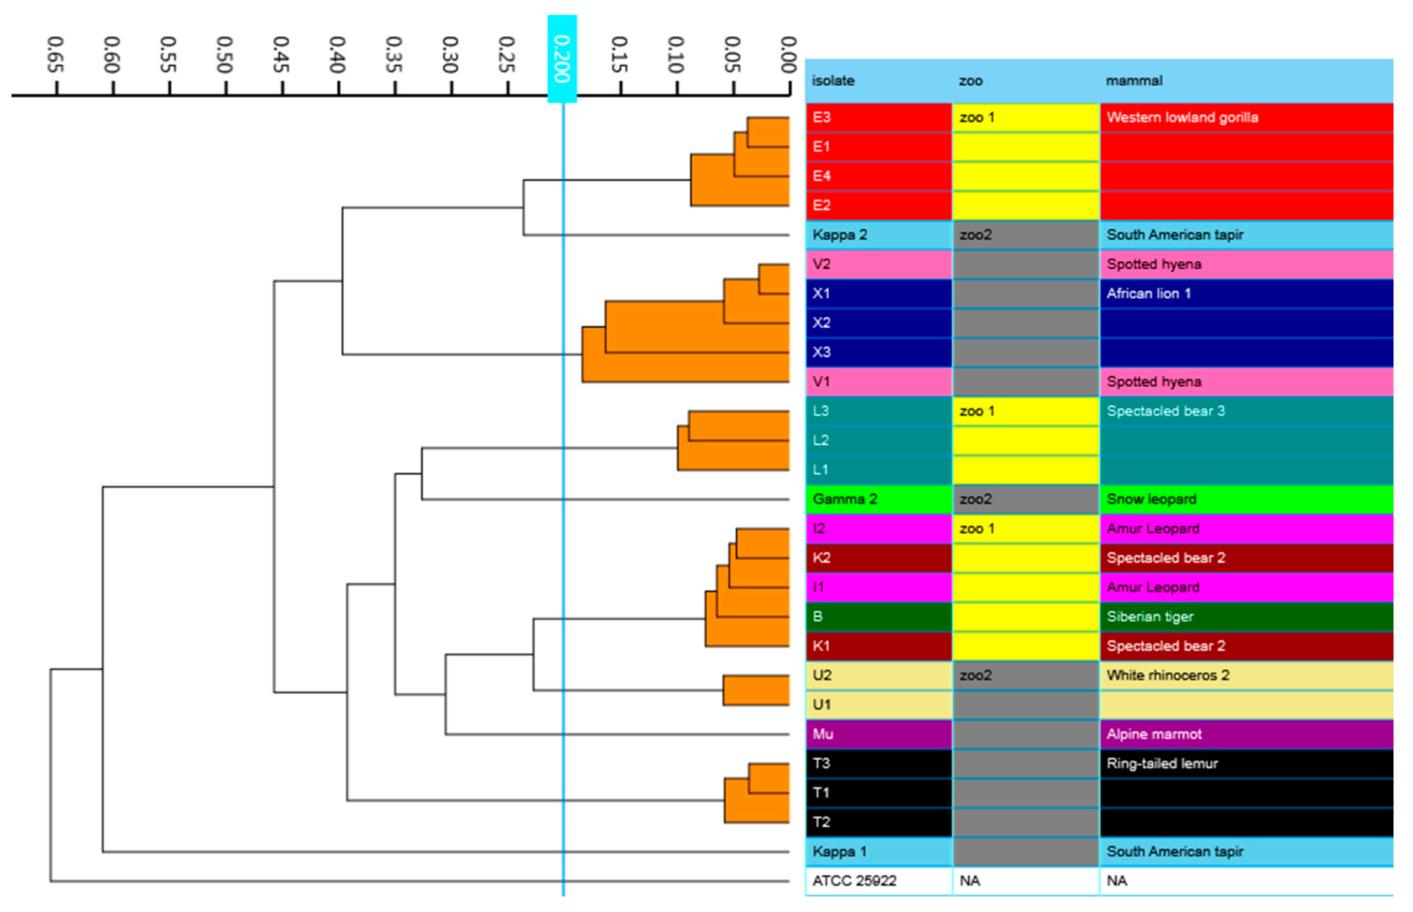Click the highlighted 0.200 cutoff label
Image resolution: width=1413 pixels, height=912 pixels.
tap(561, 58)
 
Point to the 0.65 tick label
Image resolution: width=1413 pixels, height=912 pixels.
tap(55, 55)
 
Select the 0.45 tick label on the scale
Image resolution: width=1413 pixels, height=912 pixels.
tap(281, 55)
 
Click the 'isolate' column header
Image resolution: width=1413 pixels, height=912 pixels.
tap(832, 80)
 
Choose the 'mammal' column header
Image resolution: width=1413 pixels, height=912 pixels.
tap(1133, 80)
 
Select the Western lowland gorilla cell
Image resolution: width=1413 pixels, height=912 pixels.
tap(1181, 117)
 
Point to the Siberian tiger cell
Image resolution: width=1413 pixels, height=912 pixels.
tap(1149, 617)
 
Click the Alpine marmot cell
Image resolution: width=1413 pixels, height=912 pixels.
tap(1154, 734)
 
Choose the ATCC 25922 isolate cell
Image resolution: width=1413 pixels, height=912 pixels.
tap(854, 880)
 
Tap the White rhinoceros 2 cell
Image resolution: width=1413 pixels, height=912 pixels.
tap(1167, 675)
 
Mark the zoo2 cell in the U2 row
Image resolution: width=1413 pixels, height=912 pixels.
tap(975, 675)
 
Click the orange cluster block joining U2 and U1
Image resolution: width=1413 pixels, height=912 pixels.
tap(755, 690)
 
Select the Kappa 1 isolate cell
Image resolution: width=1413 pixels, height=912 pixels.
tap(839, 851)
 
